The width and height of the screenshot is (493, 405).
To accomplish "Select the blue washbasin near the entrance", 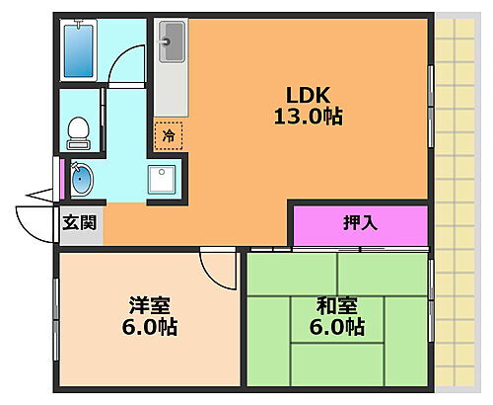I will tap(81, 179).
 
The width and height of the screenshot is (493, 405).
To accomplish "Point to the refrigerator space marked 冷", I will tap(169, 134).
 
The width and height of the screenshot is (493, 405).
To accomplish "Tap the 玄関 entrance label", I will tap(79, 223).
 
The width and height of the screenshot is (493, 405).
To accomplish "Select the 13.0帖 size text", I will tap(307, 117).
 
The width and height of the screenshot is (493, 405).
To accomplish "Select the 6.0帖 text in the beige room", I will tap(147, 327).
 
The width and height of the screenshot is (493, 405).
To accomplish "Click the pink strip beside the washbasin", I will tap(64, 178).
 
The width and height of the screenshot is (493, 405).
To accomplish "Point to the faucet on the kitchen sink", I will tap(167, 42).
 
